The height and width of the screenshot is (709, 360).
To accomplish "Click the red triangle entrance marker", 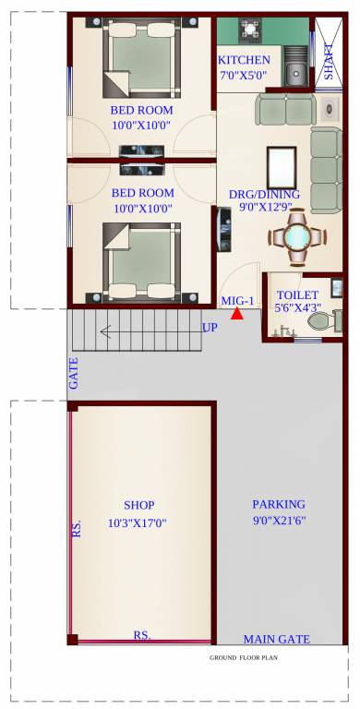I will [237, 314].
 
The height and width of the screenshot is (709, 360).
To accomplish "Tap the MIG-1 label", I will [237, 301].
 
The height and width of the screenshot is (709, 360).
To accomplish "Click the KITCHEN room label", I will [244, 60].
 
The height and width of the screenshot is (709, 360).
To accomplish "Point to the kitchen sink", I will [295, 71].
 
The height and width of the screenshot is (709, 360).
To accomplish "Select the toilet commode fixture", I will [321, 321].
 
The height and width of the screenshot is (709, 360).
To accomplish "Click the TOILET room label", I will [297, 295].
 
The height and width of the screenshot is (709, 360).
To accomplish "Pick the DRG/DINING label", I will [264, 194].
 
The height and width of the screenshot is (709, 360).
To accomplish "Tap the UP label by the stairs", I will [210, 328].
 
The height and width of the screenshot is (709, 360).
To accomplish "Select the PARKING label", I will [278, 504].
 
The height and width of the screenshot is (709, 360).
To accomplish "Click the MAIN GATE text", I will [276, 639].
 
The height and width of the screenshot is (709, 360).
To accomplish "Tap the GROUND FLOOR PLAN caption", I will [244, 658].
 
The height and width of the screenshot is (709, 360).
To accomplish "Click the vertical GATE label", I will [73, 374].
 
